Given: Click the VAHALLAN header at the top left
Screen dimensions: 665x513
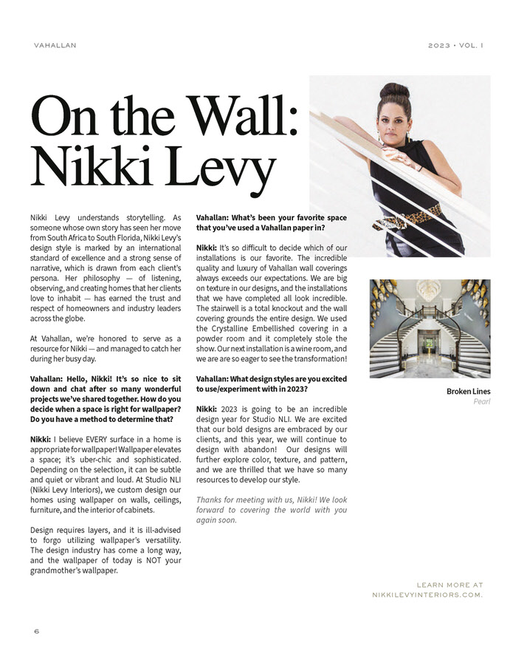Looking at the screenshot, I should click(x=55, y=45).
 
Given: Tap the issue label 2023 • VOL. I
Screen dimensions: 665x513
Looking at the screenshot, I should click(x=455, y=45).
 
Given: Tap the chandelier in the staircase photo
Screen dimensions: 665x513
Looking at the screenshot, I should click(x=430, y=290).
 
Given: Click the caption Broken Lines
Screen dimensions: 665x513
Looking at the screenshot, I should click(x=468, y=391).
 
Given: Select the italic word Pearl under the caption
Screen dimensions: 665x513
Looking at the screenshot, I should click(x=481, y=402).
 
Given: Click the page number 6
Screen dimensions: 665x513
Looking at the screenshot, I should click(x=35, y=632).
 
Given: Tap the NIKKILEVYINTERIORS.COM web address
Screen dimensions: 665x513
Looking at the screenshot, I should click(x=427, y=594).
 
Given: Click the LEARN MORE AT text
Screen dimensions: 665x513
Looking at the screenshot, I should click(x=450, y=584).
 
